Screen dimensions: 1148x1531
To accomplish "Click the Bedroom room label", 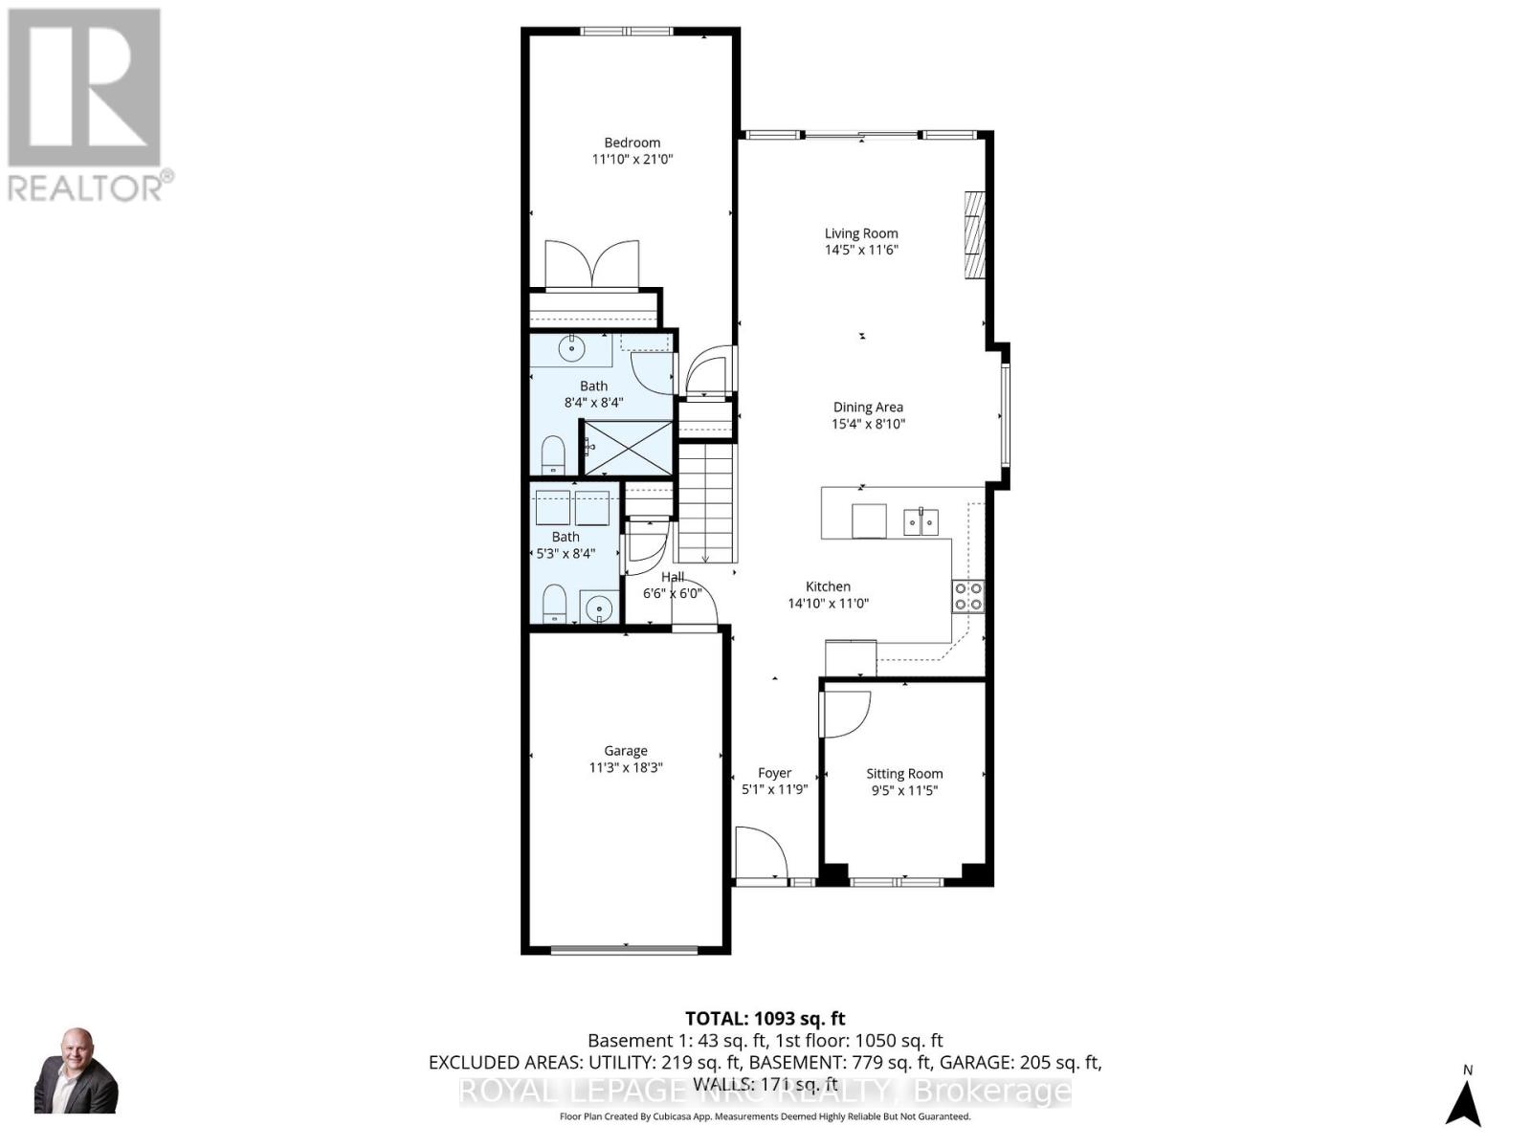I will (x=632, y=143).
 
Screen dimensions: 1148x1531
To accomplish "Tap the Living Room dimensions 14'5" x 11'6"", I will (x=861, y=250).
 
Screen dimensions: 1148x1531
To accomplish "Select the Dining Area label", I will (x=867, y=407).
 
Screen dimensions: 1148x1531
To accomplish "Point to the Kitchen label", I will (x=828, y=586).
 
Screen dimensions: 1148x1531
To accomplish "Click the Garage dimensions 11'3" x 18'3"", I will (x=625, y=767).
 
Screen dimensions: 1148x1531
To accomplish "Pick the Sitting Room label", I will (x=904, y=773).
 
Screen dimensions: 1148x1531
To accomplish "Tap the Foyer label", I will (x=774, y=772).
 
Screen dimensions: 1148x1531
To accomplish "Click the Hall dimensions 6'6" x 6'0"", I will (x=673, y=593).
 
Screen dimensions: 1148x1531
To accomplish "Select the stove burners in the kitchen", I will (x=967, y=596).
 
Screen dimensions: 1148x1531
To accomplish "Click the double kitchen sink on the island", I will (x=921, y=522).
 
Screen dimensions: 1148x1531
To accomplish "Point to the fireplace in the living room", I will (x=973, y=234).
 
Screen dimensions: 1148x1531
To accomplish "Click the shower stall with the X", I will (x=628, y=447).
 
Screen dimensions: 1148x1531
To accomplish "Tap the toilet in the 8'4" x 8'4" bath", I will (x=553, y=454).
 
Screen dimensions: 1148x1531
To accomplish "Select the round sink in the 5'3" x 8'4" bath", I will (x=599, y=607).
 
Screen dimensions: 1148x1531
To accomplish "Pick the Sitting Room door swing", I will (x=843, y=714).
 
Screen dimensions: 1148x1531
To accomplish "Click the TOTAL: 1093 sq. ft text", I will (x=765, y=1019).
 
